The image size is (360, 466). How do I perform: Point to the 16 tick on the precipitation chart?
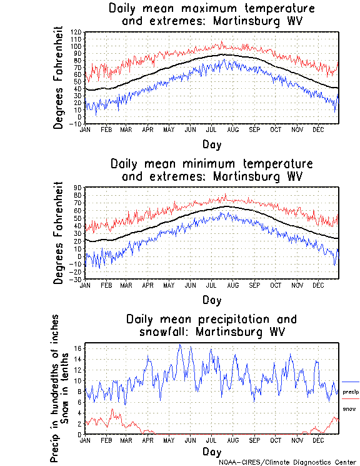[77, 348]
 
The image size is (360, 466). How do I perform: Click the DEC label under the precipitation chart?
[317, 440]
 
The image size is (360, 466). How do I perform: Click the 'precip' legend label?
[351, 392]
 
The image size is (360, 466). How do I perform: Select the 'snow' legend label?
[349, 408]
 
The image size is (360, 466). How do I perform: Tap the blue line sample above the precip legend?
[351, 382]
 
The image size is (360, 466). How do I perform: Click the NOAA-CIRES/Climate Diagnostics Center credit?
[287, 462]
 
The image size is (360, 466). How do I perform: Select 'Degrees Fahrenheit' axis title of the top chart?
[59, 78]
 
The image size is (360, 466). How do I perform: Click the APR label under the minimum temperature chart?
[147, 284]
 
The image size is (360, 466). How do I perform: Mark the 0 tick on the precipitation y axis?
[79, 434]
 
